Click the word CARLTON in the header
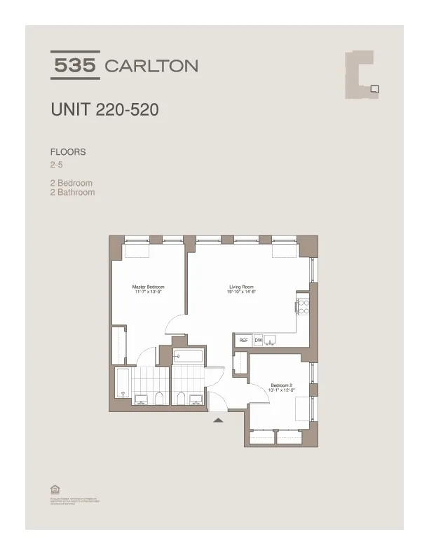coord(151,67)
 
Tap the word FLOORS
coord(68,152)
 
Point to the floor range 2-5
coord(57,165)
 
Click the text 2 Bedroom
coord(71,184)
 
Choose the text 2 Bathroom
coord(72,192)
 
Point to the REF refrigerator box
coord(243,340)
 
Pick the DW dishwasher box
coord(258,340)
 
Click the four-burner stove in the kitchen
coord(304,306)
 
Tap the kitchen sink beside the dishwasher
coord(272,340)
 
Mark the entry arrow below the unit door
coord(218,420)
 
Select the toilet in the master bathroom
coord(160,399)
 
